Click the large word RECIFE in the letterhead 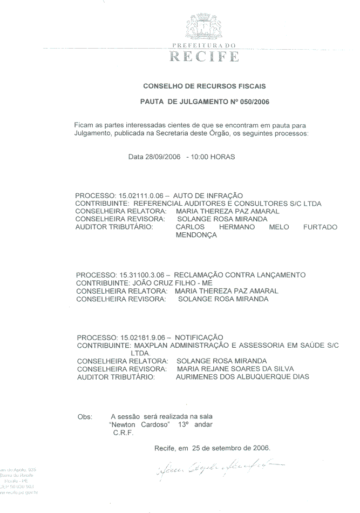(205, 56)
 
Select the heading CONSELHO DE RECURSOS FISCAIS (204, 86)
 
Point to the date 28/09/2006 (162, 157)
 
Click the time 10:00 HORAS (210, 157)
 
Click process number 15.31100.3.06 (140, 275)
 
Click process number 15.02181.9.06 (141, 337)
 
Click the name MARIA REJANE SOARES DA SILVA (235, 369)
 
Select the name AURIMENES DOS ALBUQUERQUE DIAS (242, 377)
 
